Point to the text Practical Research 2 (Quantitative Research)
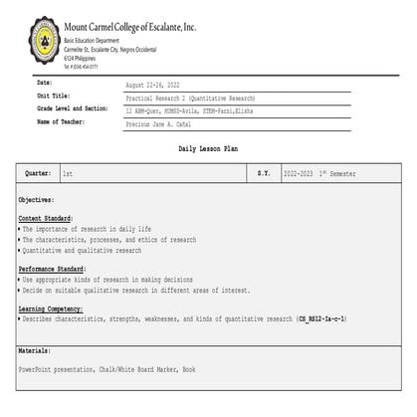190,100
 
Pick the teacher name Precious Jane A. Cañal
169,126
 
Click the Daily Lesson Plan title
208,147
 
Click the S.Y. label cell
263,173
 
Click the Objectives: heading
37,200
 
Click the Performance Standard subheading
52,269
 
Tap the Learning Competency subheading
52,310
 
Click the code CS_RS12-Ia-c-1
322,318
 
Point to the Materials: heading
35,351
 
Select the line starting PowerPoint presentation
106,369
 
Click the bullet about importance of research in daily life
88,229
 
